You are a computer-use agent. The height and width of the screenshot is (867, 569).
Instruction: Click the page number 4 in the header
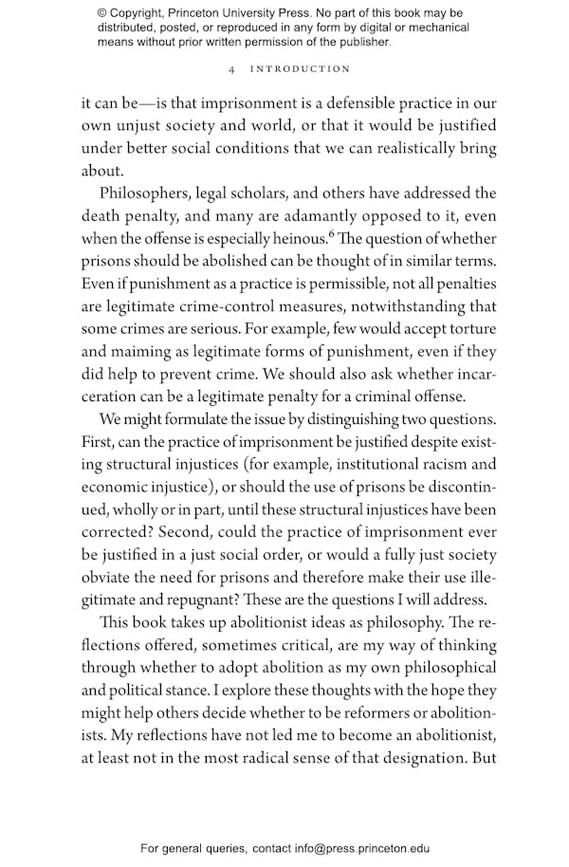coord(232,69)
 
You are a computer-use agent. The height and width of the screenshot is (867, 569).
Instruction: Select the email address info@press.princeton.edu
coord(350,849)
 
